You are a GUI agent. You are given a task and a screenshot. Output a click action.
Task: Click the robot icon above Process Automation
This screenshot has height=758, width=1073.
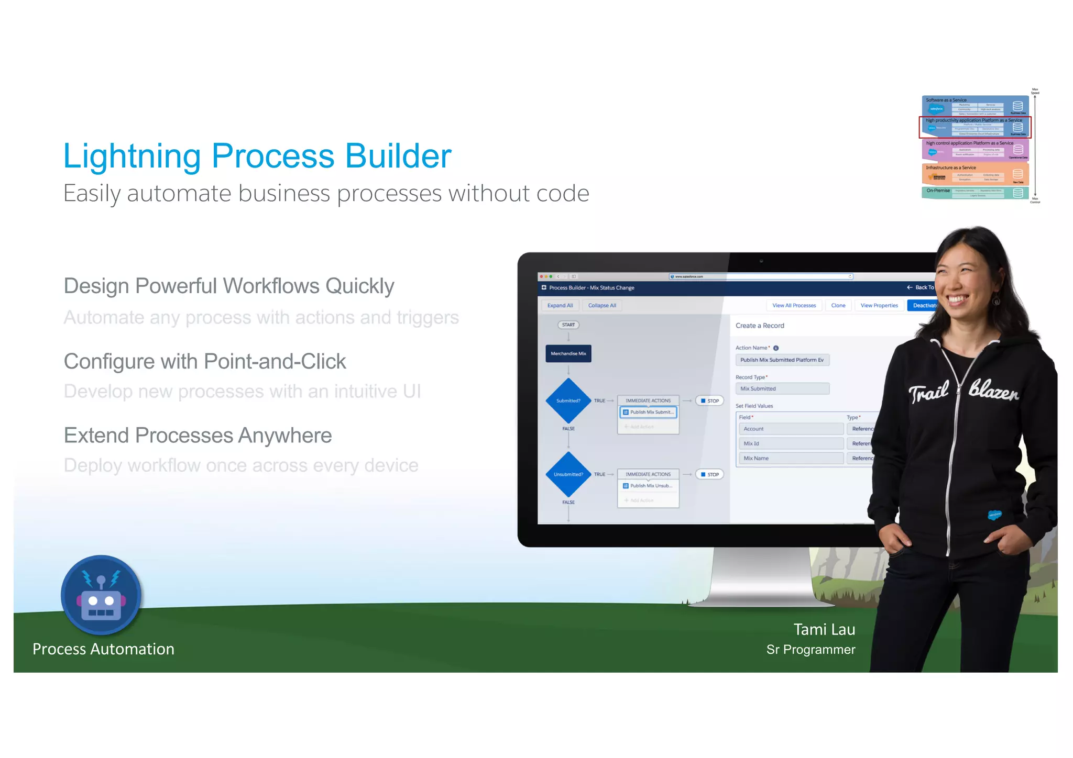[x=101, y=596]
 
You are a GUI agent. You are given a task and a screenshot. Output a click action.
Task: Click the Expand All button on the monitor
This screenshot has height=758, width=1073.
[x=560, y=305]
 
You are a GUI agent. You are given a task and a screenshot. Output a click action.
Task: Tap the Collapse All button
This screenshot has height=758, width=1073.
[x=602, y=305]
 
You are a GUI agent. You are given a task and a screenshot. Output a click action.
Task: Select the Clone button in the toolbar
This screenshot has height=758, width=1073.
[x=838, y=305]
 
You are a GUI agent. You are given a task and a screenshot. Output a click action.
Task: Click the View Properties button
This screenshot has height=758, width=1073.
[x=879, y=305]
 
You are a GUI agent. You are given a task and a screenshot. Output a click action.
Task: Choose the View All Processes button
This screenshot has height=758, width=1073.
[x=794, y=305]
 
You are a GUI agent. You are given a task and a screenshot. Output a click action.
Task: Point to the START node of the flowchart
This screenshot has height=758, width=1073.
[x=568, y=325]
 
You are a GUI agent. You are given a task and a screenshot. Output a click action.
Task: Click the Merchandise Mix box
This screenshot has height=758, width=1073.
[x=568, y=353]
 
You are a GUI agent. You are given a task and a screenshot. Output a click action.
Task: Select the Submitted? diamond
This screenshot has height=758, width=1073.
[x=568, y=400]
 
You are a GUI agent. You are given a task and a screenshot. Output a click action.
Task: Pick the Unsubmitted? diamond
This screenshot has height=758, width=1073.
[x=568, y=474]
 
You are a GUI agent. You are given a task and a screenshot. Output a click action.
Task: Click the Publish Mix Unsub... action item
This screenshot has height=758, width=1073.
[x=648, y=486]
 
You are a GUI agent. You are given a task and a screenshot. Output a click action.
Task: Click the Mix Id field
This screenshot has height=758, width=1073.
[x=790, y=443]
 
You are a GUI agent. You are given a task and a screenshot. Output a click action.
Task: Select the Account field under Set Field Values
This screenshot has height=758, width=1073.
[x=790, y=429]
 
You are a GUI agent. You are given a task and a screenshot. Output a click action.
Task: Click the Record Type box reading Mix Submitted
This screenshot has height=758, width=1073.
[x=782, y=388]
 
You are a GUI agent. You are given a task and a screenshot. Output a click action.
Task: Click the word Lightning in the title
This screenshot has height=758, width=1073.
[x=132, y=156]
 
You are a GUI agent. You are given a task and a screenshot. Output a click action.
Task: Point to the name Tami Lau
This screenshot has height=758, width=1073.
[x=824, y=629]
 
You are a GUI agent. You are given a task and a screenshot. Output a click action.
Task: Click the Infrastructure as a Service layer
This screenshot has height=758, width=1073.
[x=975, y=174]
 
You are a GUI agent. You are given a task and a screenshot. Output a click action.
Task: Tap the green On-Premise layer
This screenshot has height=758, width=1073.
[x=975, y=192]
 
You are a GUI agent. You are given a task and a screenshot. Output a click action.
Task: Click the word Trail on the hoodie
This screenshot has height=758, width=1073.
[x=928, y=392]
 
